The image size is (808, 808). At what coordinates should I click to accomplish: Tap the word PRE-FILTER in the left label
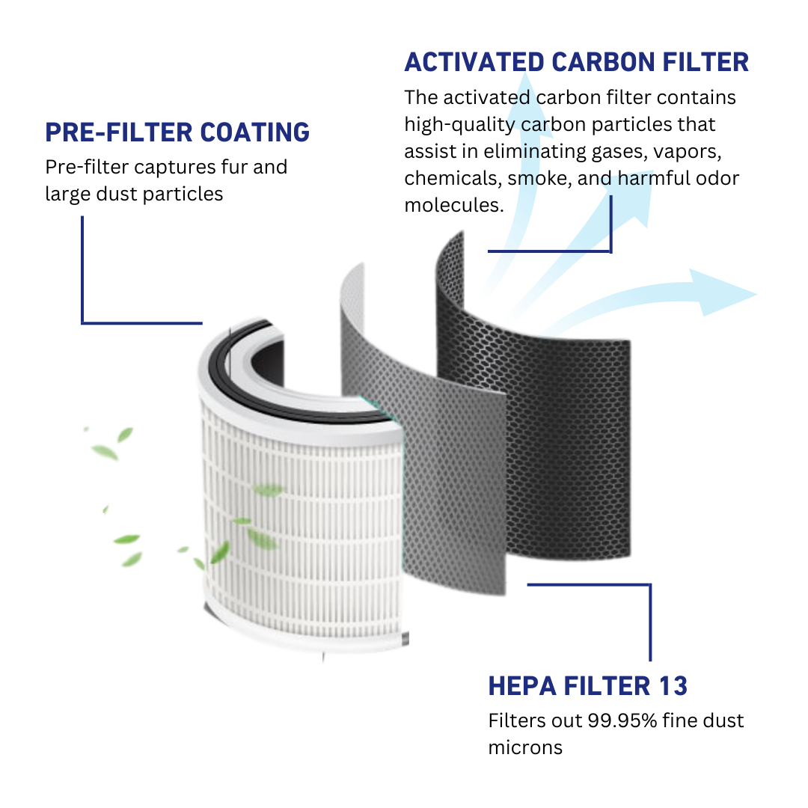point(119,132)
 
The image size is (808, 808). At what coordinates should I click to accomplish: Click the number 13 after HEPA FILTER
point(673,685)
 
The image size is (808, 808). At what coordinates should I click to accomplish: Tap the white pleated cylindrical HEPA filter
point(299,524)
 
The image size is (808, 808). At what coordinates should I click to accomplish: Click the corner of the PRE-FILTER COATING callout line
point(82,323)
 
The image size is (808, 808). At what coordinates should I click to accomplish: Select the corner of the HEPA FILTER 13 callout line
point(650,585)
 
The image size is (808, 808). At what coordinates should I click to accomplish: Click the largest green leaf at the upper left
point(105,452)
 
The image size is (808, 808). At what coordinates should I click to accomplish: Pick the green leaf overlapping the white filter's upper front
point(267,490)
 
